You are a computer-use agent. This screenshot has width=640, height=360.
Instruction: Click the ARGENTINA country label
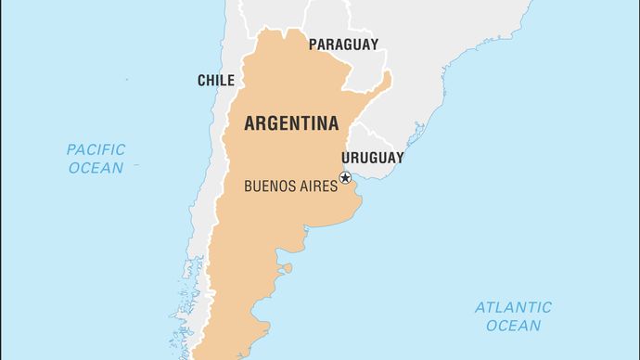(x=291, y=124)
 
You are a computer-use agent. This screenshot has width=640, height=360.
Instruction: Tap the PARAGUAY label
(x=343, y=44)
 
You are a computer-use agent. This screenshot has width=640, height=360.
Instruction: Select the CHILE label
(x=215, y=81)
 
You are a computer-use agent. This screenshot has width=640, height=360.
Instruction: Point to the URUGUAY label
(x=372, y=158)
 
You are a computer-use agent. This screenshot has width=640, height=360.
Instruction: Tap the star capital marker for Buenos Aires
(x=345, y=178)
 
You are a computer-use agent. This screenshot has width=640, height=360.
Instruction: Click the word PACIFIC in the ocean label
(x=96, y=149)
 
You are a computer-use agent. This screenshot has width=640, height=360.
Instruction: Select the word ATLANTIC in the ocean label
(x=513, y=307)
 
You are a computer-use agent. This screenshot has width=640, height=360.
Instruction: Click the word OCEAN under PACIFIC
(x=95, y=168)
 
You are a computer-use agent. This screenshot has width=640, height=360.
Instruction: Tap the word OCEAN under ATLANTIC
(x=513, y=326)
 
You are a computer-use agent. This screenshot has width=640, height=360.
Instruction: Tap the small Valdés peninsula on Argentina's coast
(x=288, y=269)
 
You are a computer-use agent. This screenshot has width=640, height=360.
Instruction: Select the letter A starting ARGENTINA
(x=249, y=124)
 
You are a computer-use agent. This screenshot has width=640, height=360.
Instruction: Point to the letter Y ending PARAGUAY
(x=375, y=44)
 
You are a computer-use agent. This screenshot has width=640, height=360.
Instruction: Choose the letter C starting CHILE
(x=201, y=81)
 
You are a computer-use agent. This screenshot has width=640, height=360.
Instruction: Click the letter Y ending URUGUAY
(x=400, y=158)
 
